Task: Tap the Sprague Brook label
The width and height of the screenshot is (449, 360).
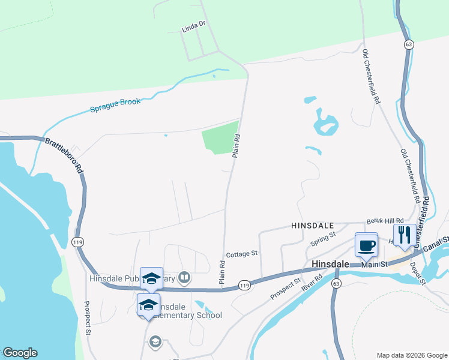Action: click(x=115, y=105)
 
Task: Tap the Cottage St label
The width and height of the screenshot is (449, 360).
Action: click(x=241, y=254)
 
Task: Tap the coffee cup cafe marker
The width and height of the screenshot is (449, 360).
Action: click(x=366, y=244)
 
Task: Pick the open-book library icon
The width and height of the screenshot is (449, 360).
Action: click(x=185, y=278)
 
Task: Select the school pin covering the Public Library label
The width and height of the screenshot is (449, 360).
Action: click(x=151, y=279)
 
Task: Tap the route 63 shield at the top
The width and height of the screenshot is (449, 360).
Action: click(x=408, y=44)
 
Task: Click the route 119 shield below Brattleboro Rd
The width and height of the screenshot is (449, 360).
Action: click(x=77, y=242)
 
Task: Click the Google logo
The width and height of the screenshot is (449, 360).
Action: click(x=20, y=353)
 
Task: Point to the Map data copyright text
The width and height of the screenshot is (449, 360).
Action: click(x=411, y=355)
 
